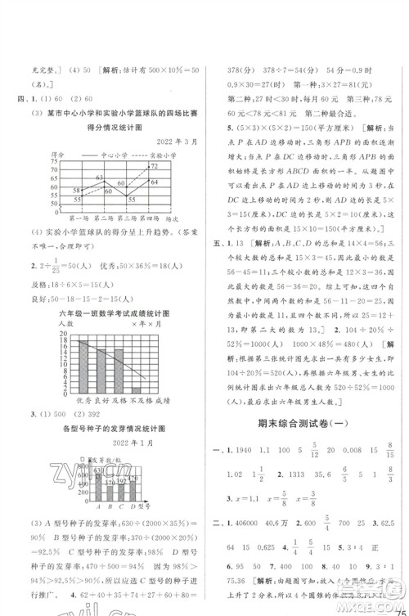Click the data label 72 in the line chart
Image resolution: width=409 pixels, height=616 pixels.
tap(153, 166)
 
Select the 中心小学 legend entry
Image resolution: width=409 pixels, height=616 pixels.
tap(110, 154)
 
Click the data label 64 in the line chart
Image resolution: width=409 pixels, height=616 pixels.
tap(155, 182)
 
